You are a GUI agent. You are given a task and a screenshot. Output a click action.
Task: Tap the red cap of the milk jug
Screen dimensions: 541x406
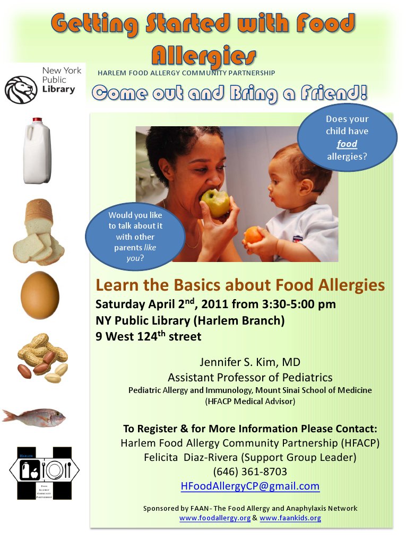coord(37,121)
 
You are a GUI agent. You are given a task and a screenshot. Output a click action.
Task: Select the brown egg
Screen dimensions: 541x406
coord(40,294)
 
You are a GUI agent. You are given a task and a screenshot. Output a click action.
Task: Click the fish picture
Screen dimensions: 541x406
coord(34,416)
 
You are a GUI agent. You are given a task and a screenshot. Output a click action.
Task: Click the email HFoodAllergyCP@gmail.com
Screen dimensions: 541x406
coord(250,485)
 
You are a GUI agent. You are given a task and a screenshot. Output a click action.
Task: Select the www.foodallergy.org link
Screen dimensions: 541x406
coord(214,518)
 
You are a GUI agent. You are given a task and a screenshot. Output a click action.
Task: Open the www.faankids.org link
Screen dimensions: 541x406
coord(290,518)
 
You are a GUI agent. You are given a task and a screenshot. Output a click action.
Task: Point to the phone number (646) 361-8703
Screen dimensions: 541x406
coord(250,471)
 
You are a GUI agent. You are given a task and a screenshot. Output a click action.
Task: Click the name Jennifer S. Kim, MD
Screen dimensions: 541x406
coord(250,362)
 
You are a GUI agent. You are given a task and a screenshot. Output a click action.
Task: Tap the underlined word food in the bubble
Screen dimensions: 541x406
coord(347,144)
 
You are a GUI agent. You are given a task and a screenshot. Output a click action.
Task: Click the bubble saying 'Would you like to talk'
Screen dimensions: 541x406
coord(135,235)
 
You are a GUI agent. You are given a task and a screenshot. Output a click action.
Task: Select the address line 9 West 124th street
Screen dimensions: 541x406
coord(148,336)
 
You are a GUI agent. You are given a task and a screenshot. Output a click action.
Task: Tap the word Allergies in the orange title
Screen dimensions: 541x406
coord(203,54)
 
